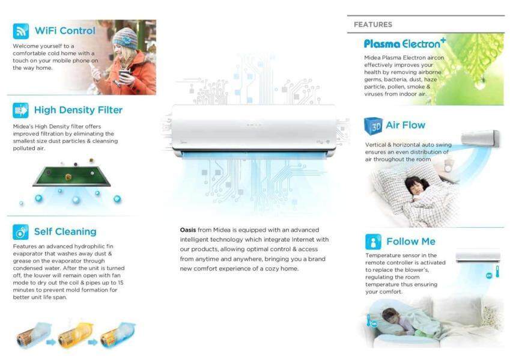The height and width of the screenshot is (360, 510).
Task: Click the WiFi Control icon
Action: click(21, 31)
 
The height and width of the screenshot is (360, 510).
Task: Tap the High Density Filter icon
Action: click(21, 111)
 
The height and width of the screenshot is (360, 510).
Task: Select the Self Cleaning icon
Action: click(21, 232)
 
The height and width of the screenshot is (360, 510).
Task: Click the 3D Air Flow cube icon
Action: click(374, 126)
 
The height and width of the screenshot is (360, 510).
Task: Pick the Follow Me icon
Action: click(373, 242)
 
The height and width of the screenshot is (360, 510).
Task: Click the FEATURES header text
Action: click(373, 25)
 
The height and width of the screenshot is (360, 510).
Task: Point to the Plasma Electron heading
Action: click(405, 44)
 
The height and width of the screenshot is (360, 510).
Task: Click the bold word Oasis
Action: click(188, 230)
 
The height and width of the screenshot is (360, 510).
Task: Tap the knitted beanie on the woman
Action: click(126, 38)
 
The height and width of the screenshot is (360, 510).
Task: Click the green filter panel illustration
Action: click(72, 176)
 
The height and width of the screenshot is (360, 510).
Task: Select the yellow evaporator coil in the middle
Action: click(75, 335)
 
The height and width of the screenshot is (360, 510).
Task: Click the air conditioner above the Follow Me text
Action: click(478, 256)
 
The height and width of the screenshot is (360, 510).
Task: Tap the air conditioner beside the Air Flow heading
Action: click(481, 138)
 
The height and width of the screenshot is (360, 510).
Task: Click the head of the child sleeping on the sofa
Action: click(391, 316)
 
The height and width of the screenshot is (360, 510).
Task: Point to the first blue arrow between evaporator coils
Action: click(51, 342)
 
